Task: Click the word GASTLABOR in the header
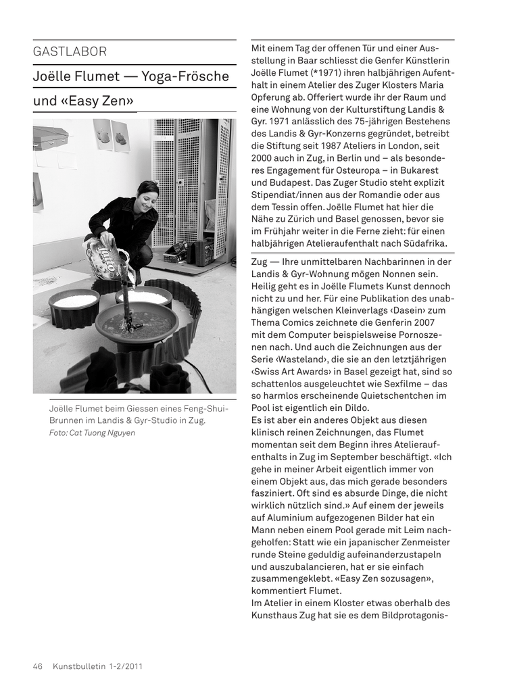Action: tap(70, 52)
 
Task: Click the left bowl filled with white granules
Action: tap(74, 302)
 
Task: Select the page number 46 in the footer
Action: tap(38, 666)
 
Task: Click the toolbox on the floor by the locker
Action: tap(177, 256)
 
